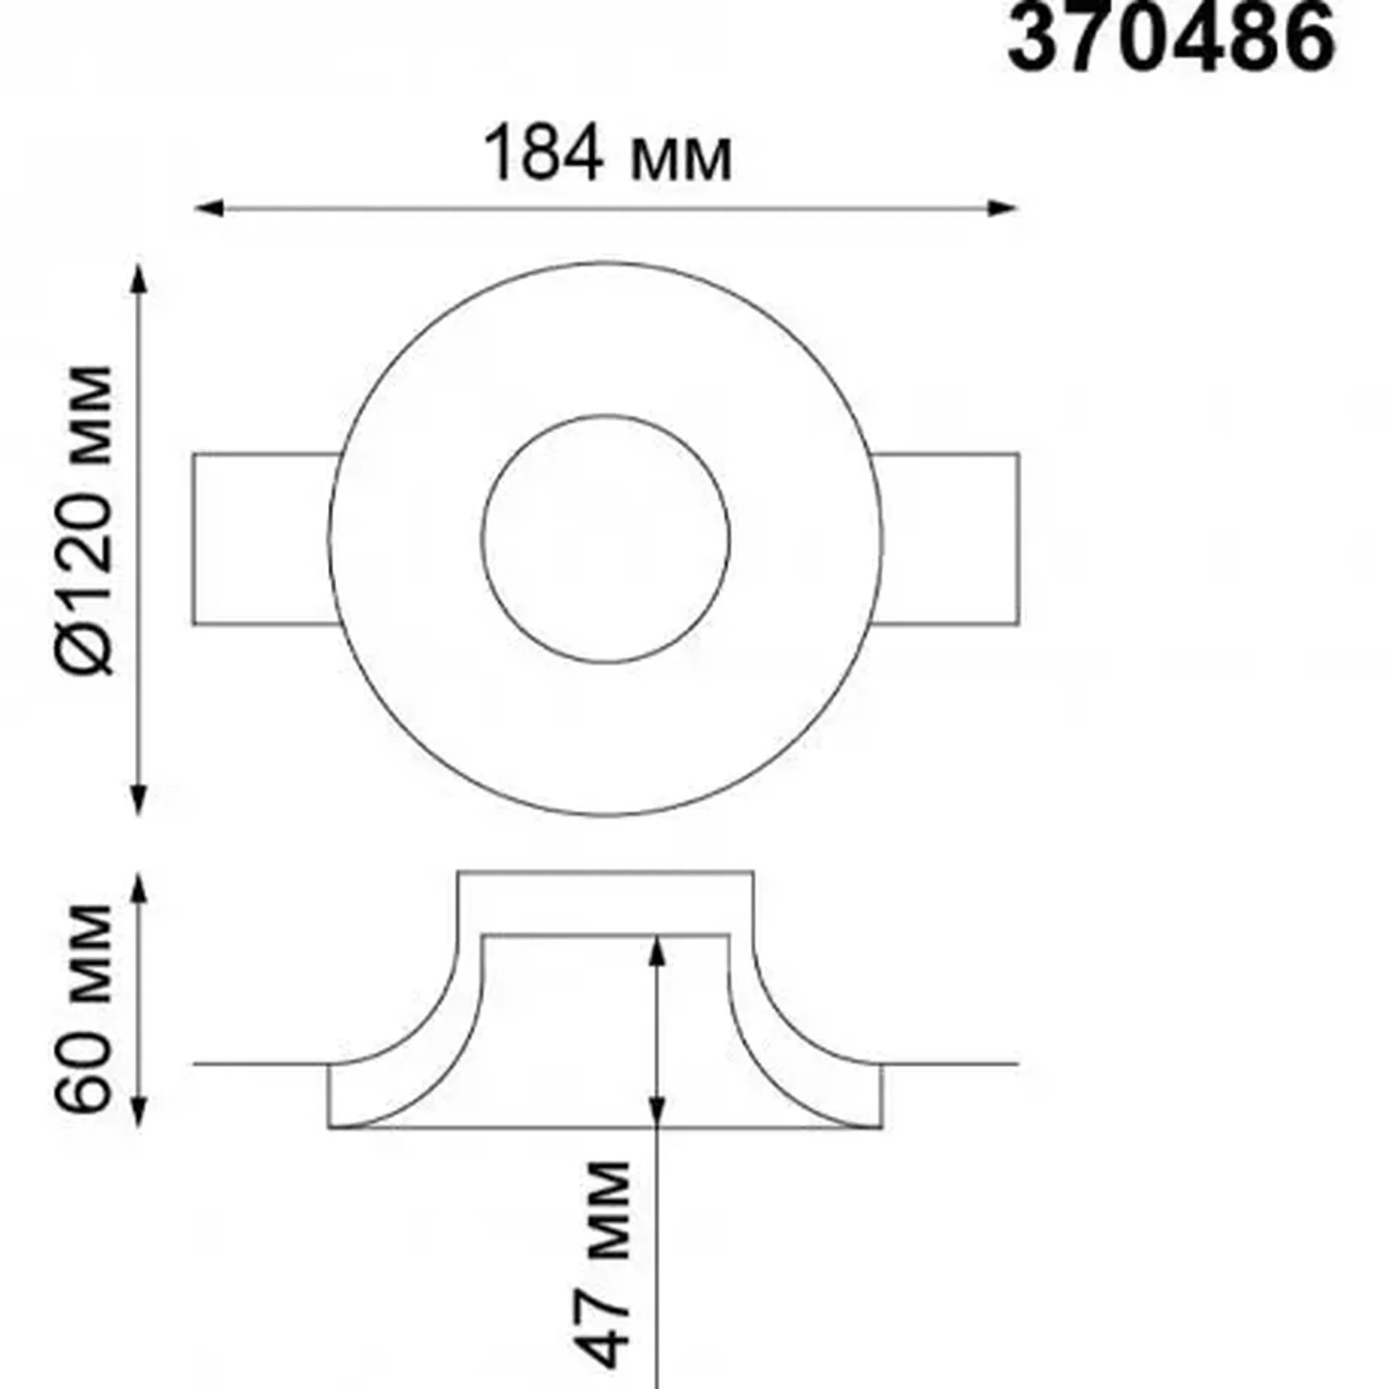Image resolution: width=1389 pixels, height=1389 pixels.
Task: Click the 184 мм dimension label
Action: [x=607, y=154]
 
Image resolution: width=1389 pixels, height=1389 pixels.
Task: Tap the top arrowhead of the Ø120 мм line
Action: [x=139, y=279]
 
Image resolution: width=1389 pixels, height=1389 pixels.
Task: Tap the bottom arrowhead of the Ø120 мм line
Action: [x=139, y=799]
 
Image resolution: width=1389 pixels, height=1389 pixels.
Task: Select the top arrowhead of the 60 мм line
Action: [x=139, y=888]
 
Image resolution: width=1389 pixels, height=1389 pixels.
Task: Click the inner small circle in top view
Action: [x=606, y=539]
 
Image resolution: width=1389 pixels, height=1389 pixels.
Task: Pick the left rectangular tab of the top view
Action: [x=262, y=539]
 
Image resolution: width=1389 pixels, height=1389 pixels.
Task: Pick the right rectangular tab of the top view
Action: [x=949, y=539]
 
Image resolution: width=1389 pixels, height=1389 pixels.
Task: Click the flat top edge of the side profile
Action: [x=606, y=871]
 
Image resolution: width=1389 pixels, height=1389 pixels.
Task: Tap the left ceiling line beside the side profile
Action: [x=258, y=1064]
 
